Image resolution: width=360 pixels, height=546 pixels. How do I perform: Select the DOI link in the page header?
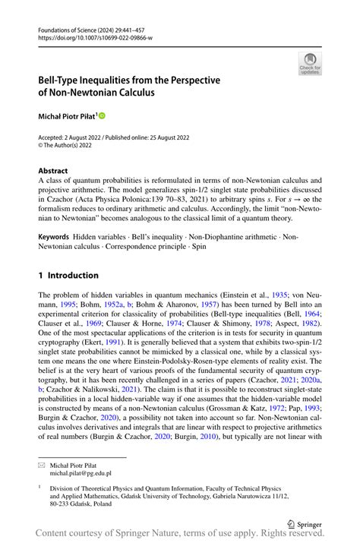point(95,36)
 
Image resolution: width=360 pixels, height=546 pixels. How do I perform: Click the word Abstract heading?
point(53,171)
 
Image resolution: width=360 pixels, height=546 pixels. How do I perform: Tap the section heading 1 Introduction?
point(68,275)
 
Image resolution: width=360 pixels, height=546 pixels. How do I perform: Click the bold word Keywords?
point(57,216)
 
